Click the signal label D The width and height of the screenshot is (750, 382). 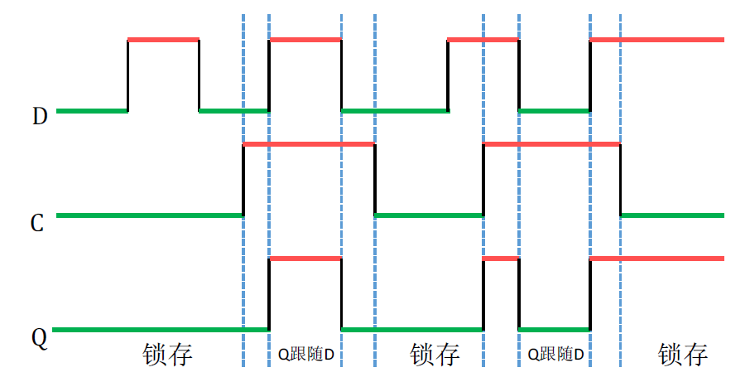40,116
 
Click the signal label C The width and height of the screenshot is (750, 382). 37,223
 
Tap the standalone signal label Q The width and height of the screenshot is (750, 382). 39,338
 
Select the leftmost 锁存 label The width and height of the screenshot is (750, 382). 167,355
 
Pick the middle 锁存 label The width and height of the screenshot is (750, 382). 435,355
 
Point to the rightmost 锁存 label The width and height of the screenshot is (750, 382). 683,355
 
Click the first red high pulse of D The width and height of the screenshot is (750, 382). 163,39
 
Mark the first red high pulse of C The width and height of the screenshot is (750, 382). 309,145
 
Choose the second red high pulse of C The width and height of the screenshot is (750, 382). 551,145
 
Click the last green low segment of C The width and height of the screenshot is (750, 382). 672,215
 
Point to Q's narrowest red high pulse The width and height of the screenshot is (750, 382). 501,259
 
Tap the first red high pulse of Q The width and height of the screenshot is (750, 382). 305,259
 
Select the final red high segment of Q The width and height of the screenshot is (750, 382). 656,259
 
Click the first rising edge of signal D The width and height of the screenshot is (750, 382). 127,75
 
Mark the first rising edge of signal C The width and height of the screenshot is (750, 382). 243,180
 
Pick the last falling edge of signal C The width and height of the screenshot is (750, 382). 621,180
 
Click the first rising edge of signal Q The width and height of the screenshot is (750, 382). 269,294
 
